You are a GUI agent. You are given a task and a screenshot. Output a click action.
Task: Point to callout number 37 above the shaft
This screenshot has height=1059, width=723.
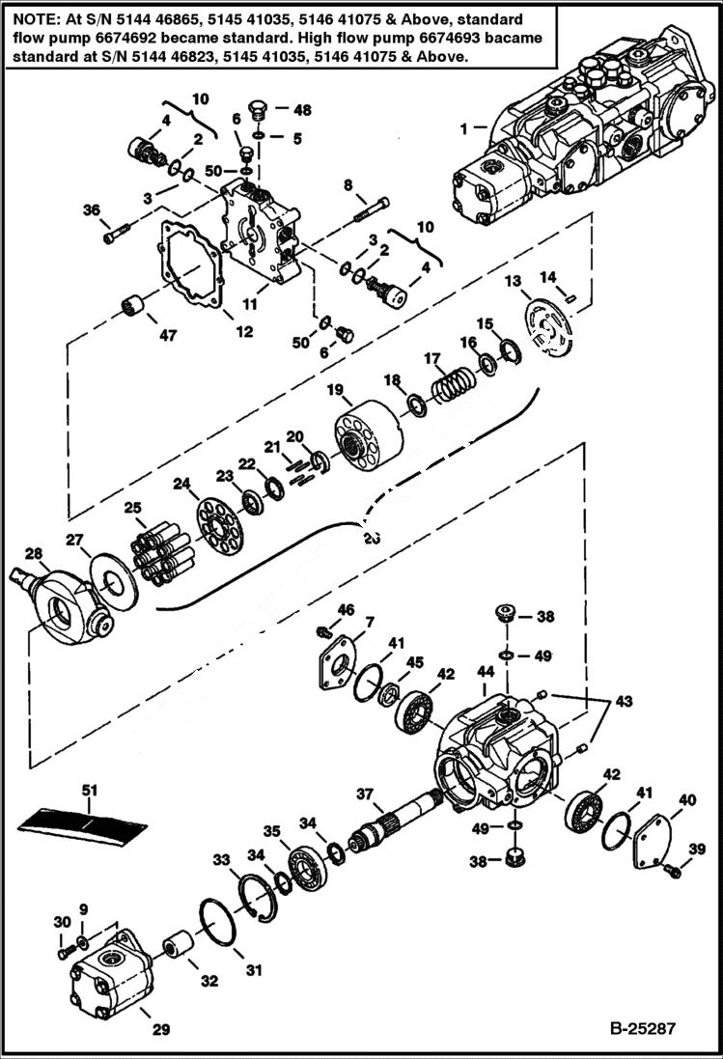[364, 794]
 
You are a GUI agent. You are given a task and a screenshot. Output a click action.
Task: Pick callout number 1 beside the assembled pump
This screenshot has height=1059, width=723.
[466, 127]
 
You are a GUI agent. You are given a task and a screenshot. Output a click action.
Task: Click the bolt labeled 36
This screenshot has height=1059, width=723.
[116, 232]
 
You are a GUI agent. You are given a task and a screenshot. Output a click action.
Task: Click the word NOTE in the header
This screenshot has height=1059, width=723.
[30, 19]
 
